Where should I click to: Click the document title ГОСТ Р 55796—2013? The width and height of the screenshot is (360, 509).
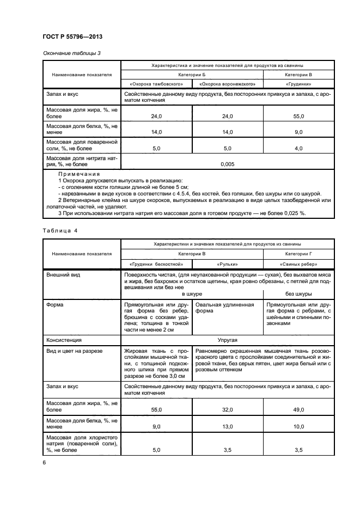click(x=72, y=36)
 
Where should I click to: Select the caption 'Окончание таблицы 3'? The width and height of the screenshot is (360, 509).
click(x=71, y=53)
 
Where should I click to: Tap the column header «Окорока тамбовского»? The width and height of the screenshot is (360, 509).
click(x=157, y=84)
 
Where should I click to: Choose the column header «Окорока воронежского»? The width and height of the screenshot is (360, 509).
click(x=227, y=84)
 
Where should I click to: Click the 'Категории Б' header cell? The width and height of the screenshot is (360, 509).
click(x=192, y=75)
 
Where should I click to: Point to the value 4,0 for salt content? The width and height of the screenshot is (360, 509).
click(x=298, y=148)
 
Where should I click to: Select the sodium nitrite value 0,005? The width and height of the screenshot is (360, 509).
click(x=228, y=163)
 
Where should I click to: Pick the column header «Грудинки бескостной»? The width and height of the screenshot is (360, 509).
click(x=157, y=264)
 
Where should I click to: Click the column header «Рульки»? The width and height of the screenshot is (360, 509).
click(x=227, y=264)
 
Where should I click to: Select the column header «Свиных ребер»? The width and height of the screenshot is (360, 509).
click(x=298, y=264)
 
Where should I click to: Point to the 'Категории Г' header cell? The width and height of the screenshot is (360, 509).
click(x=298, y=254)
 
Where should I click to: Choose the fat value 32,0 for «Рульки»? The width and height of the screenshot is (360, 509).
click(x=227, y=409)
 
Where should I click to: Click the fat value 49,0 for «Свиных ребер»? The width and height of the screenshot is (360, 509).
click(x=298, y=409)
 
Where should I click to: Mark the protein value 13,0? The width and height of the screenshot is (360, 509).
click(x=227, y=427)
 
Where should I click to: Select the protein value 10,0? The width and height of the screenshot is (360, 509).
click(x=298, y=427)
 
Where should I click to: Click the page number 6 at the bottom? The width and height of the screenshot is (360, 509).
click(x=45, y=463)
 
